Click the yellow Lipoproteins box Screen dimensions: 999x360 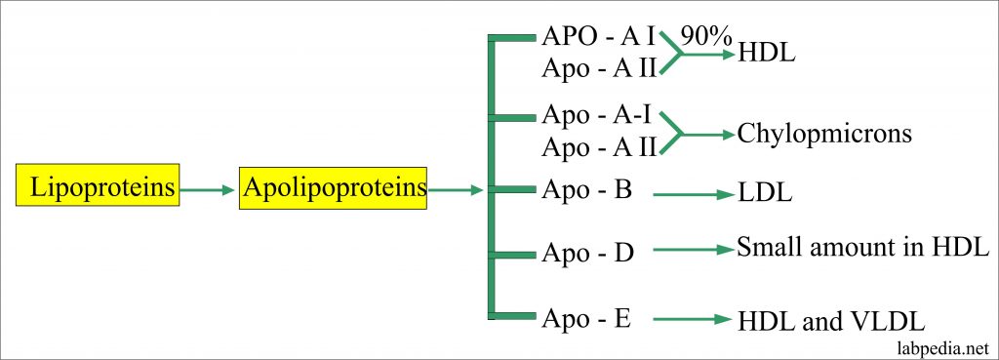(99, 188)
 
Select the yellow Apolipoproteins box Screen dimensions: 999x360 (333, 188)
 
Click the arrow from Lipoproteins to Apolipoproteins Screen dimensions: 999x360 (208, 189)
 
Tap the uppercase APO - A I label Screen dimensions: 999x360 (598, 39)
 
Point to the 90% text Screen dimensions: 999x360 (704, 37)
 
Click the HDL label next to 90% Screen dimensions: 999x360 (768, 54)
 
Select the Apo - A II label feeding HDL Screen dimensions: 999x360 (598, 68)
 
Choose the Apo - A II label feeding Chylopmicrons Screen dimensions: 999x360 (598, 146)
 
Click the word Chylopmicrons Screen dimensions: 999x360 (824, 132)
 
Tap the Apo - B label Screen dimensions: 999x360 (586, 189)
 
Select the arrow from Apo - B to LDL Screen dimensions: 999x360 (693, 195)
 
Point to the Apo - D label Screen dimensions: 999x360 (587, 253)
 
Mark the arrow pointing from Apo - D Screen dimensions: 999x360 (693, 251)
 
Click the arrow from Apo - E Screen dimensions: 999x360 (693, 319)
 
